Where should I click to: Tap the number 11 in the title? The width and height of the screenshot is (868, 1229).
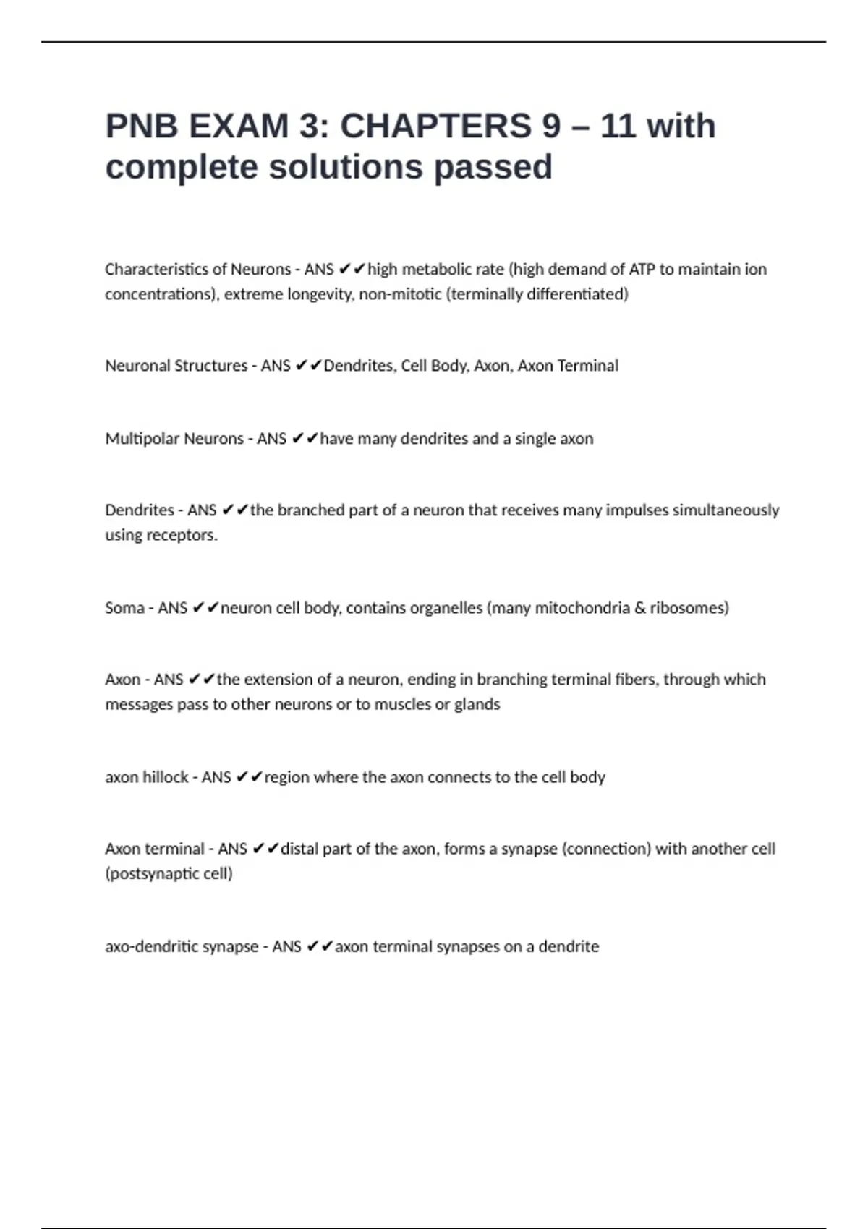click(x=617, y=127)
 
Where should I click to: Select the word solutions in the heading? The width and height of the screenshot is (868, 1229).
click(x=346, y=168)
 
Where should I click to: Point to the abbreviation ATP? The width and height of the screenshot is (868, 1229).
click(x=642, y=270)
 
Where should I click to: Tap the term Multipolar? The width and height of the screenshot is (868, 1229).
click(x=142, y=439)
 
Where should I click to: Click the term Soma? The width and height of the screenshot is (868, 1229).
click(x=124, y=608)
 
